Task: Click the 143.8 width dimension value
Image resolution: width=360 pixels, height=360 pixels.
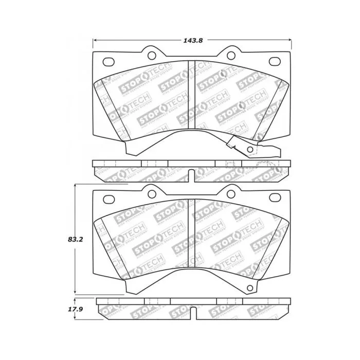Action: click(190, 41)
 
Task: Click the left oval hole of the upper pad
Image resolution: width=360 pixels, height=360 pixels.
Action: click(109, 62)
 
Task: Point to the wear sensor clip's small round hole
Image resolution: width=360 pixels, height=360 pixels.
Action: click(250, 150)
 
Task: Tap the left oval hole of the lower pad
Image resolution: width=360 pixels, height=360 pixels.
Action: click(109, 200)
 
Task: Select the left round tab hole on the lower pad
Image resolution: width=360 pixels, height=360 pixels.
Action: click(152, 194)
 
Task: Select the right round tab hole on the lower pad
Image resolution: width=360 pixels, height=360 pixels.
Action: click(229, 194)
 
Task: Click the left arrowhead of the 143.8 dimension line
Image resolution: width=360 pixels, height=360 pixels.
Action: click(95, 41)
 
